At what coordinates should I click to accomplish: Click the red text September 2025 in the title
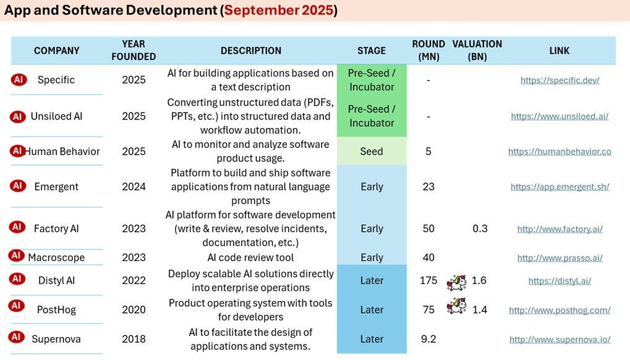279,10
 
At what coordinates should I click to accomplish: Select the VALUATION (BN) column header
477,50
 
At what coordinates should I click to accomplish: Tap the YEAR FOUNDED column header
134,50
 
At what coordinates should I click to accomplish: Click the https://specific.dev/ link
560,80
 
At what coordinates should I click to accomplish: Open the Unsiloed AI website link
560,116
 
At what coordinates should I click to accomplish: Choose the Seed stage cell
372,152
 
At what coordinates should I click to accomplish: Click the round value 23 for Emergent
428,186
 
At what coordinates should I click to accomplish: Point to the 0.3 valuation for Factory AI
480,229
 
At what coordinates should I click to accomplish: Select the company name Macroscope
56,257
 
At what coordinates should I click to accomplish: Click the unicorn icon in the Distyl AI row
456,282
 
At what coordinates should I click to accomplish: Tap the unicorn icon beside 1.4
456,306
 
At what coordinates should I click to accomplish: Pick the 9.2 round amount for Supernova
428,339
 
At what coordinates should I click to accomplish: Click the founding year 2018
134,339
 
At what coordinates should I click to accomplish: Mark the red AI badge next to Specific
19,80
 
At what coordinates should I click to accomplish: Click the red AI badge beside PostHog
16,306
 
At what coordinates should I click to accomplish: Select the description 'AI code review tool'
250,257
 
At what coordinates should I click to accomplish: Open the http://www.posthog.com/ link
560,310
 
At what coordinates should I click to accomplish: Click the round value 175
428,280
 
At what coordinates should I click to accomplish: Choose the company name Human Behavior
62,152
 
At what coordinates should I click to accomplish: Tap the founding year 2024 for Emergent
134,186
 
